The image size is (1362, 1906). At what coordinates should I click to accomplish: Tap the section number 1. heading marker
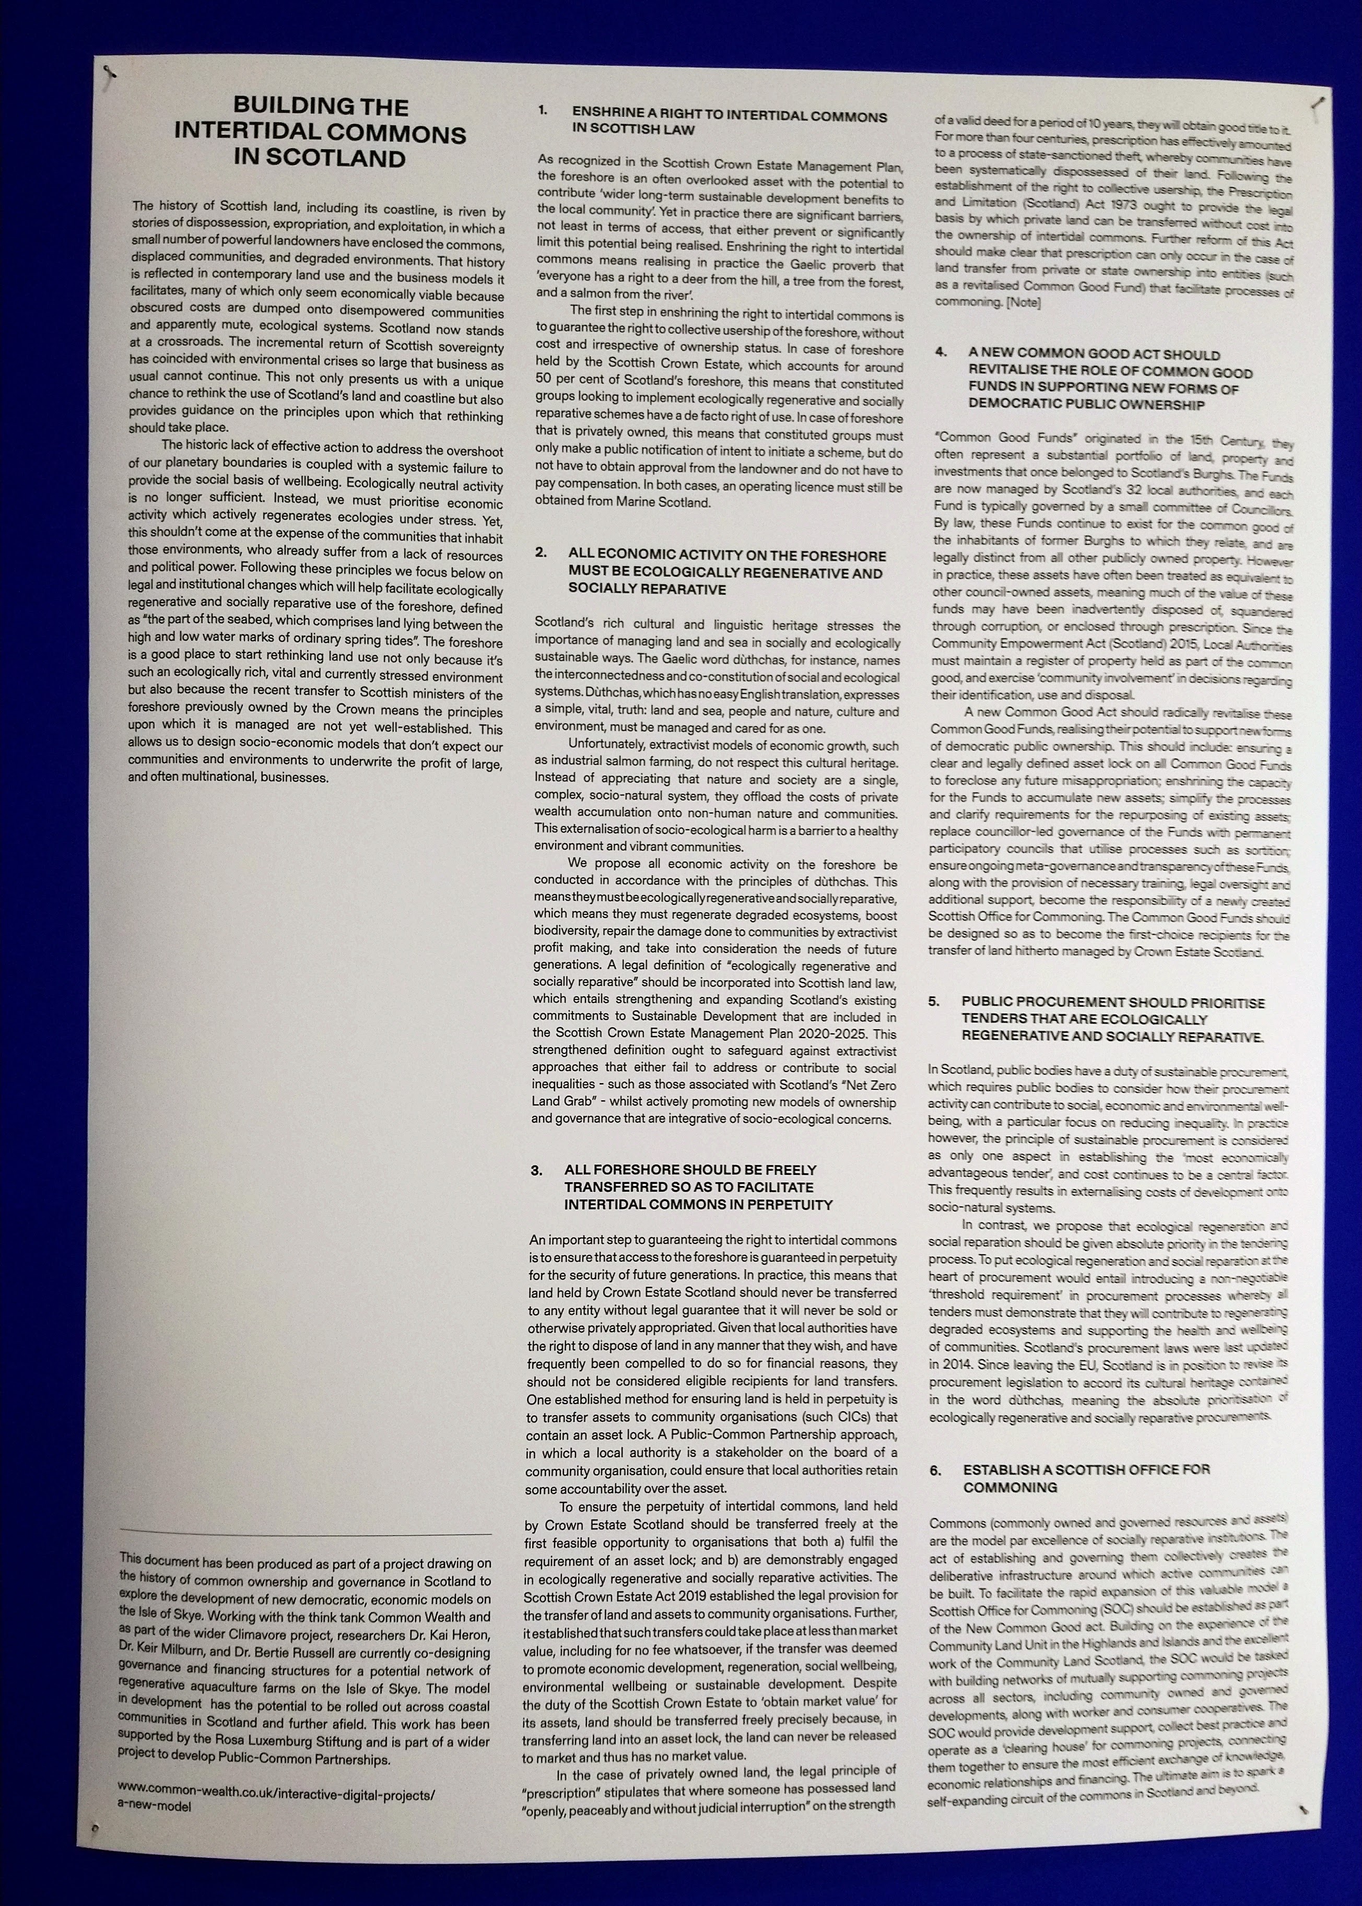pyautogui.click(x=543, y=110)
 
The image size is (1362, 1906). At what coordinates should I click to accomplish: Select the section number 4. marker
pyautogui.click(x=941, y=352)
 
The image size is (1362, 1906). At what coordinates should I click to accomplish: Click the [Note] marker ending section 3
pyautogui.click(x=1023, y=302)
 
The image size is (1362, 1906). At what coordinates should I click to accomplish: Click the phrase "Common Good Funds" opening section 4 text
pyautogui.click(x=1005, y=438)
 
